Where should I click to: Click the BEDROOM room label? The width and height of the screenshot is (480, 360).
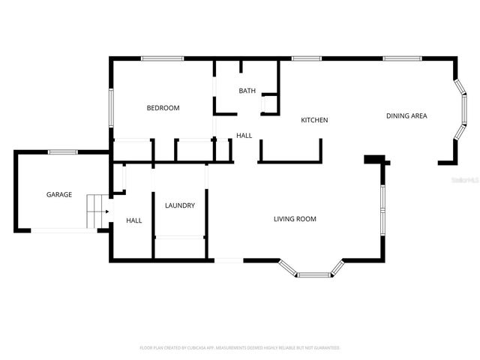click(163, 108)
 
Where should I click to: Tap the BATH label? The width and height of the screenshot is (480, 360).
click(247, 91)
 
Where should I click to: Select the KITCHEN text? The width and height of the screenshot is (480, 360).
click(314, 120)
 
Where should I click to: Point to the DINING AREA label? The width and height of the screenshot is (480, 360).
click(406, 115)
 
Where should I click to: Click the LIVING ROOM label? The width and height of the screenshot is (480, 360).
click(294, 219)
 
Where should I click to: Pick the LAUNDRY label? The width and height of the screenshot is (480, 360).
click(180, 205)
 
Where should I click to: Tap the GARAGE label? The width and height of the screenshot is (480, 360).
click(59, 194)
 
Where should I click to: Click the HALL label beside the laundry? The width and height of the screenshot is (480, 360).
click(134, 220)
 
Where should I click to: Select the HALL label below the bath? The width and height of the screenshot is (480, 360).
click(244, 136)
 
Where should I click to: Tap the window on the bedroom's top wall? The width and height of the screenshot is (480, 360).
click(163, 58)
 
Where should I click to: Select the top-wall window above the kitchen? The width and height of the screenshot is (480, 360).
click(306, 58)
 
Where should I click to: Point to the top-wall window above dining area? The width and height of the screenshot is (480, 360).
click(402, 58)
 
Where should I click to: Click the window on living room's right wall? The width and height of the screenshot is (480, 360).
click(382, 209)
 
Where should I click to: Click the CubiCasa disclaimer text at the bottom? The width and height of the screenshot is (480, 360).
click(240, 348)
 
